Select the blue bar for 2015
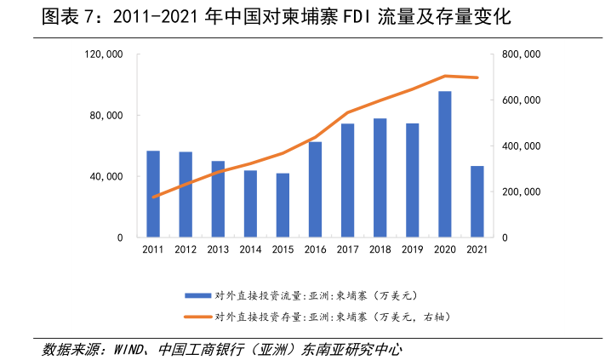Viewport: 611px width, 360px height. pyautogui.click(x=283, y=205)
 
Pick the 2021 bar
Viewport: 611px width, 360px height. pyautogui.click(x=477, y=202)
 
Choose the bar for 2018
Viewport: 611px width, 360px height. pyautogui.click(x=380, y=178)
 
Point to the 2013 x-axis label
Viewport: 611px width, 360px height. pyautogui.click(x=218, y=249)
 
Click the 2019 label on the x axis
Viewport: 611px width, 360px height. pyautogui.click(x=412, y=249)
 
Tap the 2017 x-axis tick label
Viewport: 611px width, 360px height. pyautogui.click(x=347, y=249)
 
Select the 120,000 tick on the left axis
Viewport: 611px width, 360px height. pyautogui.click(x=106, y=54)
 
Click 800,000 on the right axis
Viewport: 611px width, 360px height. pyautogui.click(x=522, y=54)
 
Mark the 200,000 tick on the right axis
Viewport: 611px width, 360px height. pyautogui.click(x=522, y=192)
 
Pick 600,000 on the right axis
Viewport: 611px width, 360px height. pyautogui.click(x=522, y=100)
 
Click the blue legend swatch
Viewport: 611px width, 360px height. pyautogui.click(x=197, y=295)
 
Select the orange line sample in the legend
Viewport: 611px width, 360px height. pyautogui.click(x=197, y=317)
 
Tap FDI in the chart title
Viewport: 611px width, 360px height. pyautogui.click(x=361, y=17)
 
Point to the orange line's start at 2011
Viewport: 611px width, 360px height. pyautogui.click(x=153, y=197)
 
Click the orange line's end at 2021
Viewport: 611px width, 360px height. pyautogui.click(x=477, y=77)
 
